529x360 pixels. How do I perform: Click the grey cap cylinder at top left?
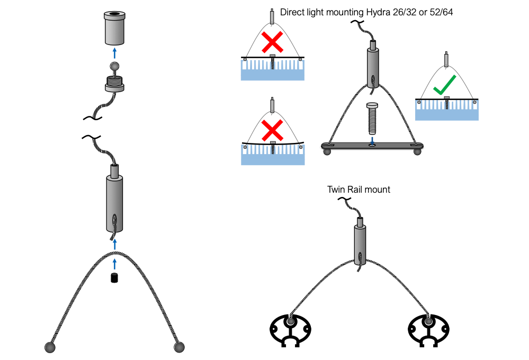[114, 29]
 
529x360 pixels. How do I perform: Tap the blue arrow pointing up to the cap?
[114, 53]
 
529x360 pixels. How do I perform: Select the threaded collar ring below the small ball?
[114, 84]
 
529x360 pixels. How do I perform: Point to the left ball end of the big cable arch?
[50, 347]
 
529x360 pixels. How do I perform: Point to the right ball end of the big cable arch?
[180, 347]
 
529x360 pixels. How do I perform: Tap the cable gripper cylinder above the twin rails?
[360, 242]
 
